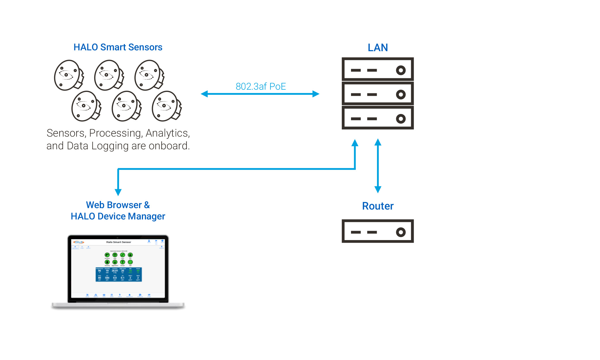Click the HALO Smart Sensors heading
(118, 47)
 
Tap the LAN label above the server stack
(378, 48)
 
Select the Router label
(378, 206)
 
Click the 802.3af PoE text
(261, 86)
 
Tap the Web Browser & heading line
(118, 205)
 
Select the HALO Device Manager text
(118, 216)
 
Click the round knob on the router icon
(401, 232)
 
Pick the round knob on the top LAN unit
(401, 70)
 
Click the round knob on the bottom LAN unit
(401, 119)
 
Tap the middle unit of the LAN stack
(378, 94)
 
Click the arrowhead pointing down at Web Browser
(118, 192)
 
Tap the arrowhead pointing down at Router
(378, 189)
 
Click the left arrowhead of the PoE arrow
(204, 94)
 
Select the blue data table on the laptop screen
(119, 274)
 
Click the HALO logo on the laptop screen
(78, 242)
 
